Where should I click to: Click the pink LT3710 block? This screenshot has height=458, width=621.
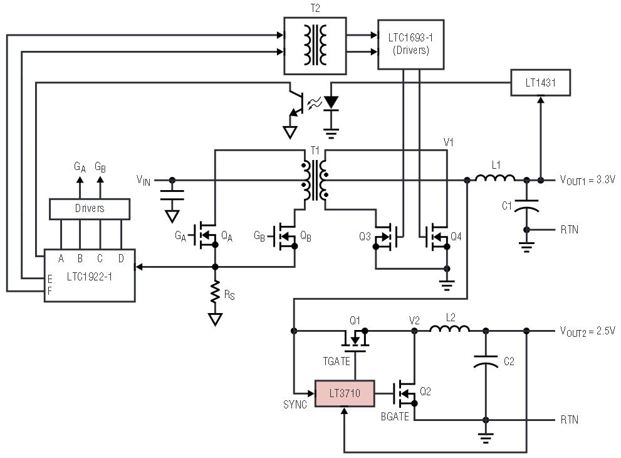point(344,393)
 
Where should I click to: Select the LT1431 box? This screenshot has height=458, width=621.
point(540,82)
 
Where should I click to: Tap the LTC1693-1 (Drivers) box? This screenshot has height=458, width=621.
point(411,44)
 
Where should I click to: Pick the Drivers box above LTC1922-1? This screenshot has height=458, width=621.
point(90,208)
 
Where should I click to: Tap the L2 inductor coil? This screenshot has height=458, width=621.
point(450,330)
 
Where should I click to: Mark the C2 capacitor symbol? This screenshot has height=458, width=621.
point(485,362)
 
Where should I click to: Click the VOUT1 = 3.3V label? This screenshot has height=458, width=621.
point(588,179)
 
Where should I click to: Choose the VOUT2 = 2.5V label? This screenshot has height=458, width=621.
point(588,330)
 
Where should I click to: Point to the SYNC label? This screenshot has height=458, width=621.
point(295,405)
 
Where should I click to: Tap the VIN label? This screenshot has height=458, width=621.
point(145,180)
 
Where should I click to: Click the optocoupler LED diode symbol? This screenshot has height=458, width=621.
point(331,102)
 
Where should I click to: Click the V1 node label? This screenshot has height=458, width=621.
point(448,142)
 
